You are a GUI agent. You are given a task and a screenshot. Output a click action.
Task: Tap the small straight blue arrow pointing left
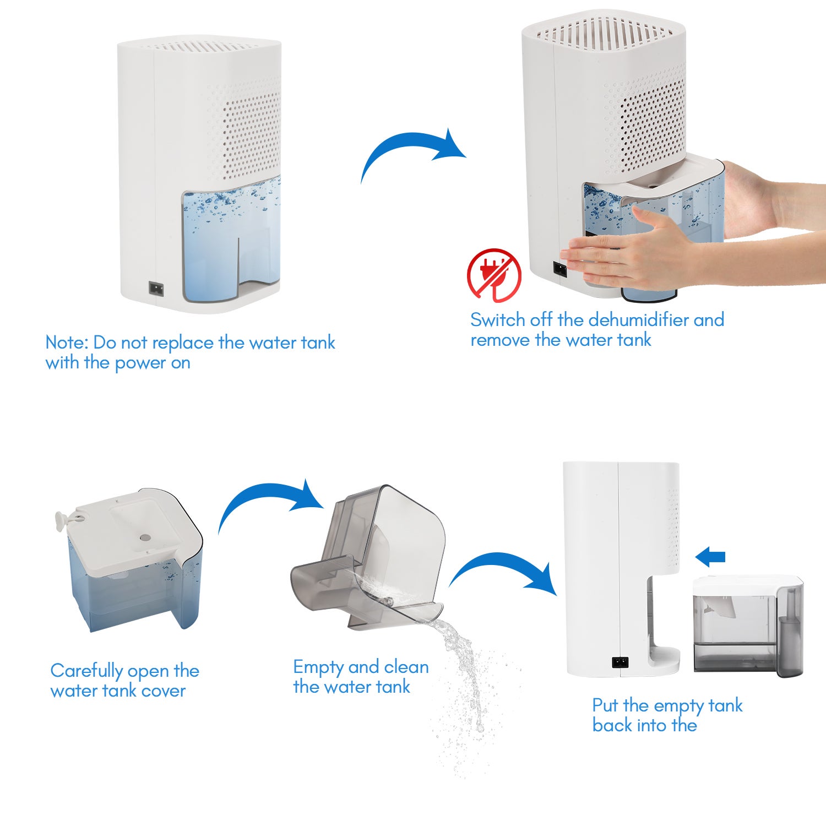[x=710, y=557]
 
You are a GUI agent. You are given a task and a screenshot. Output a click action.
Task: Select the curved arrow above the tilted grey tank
[x=270, y=496]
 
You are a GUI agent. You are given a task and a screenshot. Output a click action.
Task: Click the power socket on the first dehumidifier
[x=156, y=288]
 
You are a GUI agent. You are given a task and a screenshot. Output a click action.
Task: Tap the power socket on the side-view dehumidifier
[x=620, y=662]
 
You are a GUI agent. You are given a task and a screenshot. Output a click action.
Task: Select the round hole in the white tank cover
[x=145, y=536]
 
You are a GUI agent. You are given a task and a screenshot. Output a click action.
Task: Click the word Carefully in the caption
[x=86, y=671]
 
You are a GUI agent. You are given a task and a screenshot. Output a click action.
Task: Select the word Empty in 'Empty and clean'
[x=313, y=667]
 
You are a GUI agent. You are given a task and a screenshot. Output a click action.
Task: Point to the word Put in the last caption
[x=605, y=705]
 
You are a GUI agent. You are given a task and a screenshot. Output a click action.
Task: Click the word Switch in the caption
[x=498, y=320]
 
